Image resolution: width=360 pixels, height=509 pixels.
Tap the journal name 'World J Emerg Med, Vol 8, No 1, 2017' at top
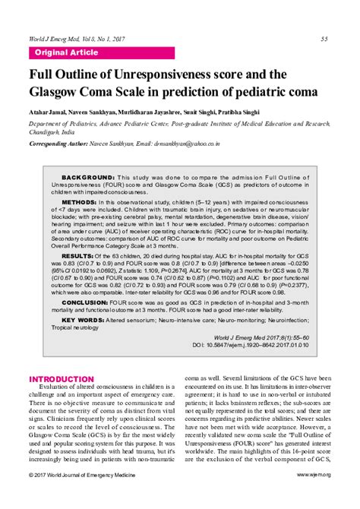tap(76, 39)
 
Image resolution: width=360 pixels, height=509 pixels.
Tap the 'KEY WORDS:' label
tap(84, 320)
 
